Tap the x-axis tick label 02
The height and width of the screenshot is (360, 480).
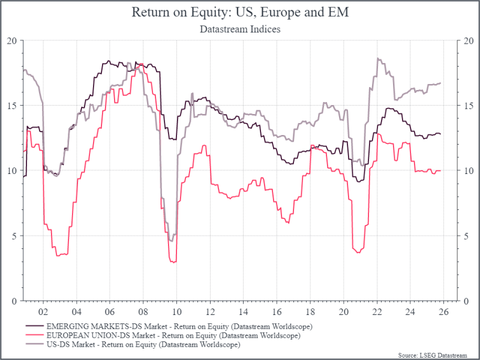tap(43, 312)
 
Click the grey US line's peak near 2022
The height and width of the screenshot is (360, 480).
tap(377, 58)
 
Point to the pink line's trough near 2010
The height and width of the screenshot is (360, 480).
tap(174, 262)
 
